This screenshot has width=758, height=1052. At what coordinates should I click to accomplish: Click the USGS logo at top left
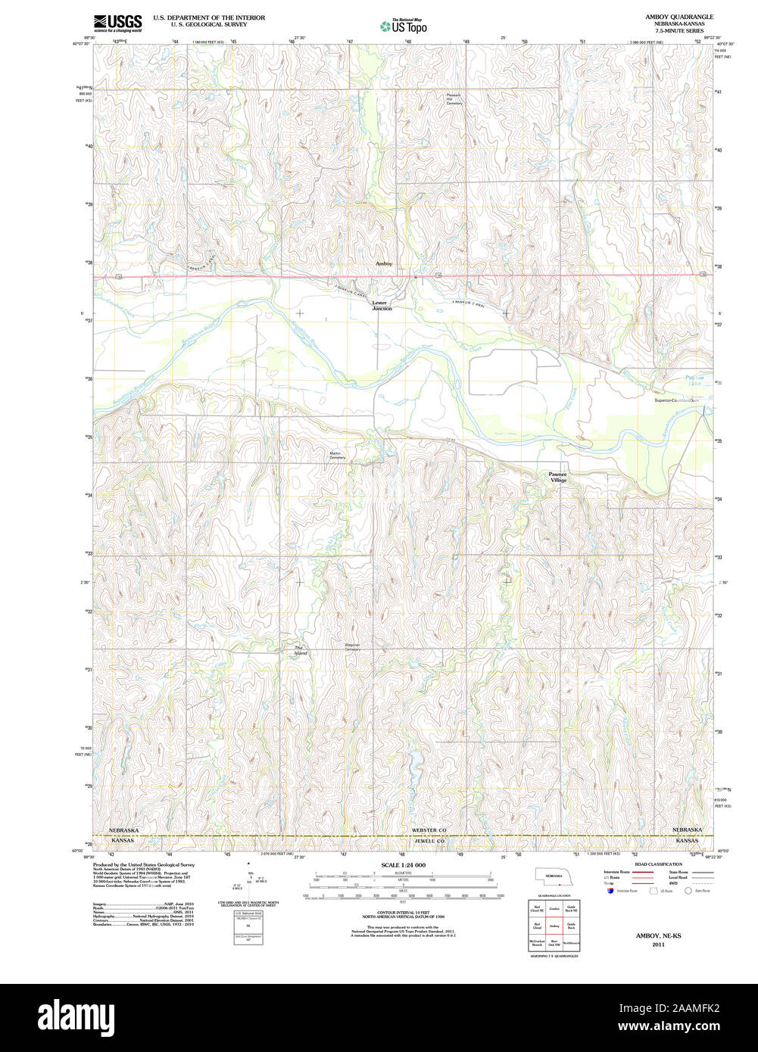[117, 23]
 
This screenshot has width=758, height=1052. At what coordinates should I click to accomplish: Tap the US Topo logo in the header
[404, 26]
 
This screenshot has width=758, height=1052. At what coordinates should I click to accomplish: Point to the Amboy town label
[384, 263]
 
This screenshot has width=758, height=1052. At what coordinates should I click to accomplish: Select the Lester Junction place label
[382, 306]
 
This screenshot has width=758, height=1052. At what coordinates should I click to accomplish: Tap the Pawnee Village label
[558, 477]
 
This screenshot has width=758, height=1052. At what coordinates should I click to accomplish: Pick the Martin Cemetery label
[338, 456]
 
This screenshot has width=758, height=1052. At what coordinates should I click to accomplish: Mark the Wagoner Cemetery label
[353, 647]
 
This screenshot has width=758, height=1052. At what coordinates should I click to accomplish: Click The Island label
[301, 650]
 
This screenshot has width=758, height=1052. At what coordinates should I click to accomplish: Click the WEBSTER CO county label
[429, 830]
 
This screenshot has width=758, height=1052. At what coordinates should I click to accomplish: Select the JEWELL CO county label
[429, 841]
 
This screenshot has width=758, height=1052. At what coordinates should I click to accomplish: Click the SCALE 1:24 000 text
[404, 864]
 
